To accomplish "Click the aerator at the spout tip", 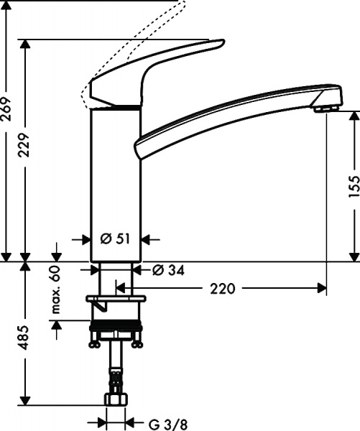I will pos(325,107).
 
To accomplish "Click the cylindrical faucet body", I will pos(115,180).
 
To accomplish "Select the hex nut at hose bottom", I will pos(116,398).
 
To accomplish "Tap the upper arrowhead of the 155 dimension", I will pos(354,115).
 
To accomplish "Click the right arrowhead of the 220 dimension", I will pos(321,289).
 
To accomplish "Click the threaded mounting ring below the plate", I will pos(116,328).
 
